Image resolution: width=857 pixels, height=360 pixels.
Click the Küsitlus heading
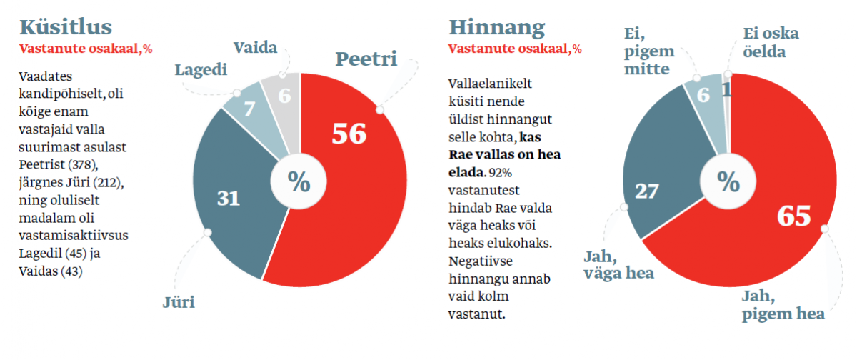(66, 27)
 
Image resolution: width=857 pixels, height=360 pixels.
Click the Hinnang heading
(496, 27)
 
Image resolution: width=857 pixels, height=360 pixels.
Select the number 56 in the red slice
(349, 134)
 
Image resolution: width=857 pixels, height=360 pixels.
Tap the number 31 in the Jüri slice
(228, 198)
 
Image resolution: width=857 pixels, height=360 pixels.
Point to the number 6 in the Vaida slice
(284, 95)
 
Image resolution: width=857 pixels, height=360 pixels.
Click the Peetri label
(366, 59)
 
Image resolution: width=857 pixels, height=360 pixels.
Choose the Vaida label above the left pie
(255, 48)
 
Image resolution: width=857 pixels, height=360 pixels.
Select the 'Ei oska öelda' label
(771, 42)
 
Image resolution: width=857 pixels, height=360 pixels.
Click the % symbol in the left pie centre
(299, 182)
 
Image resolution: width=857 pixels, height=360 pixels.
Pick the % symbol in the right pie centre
(728, 182)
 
